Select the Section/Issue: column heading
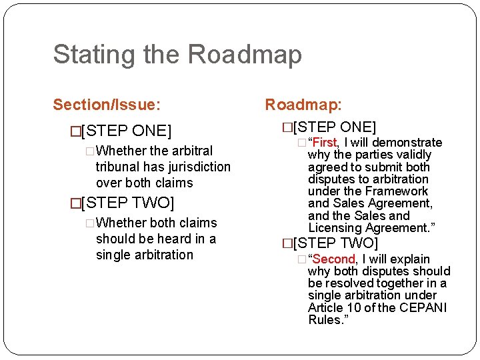107,105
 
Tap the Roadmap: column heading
303,105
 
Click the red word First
325,142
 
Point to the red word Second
334,259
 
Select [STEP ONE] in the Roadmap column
331,127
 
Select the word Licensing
335,228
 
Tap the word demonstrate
407,142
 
